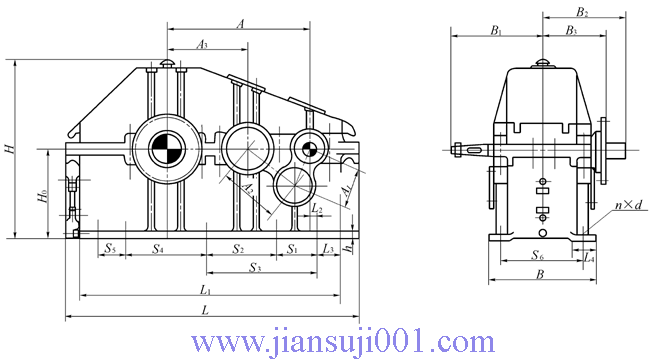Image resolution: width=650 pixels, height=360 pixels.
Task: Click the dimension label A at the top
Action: [240, 24]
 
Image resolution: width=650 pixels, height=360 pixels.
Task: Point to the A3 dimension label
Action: [201, 44]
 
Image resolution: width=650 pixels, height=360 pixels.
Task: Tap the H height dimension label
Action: [9, 148]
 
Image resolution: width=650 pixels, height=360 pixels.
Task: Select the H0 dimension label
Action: [42, 196]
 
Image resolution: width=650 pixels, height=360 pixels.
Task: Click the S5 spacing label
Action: [109, 248]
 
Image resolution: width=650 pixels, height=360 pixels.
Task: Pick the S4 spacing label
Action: [158, 248]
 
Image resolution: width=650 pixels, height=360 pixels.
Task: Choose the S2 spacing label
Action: [238, 249]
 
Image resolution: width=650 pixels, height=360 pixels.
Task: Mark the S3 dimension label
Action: [255, 268]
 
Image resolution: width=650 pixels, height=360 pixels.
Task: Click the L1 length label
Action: [206, 290]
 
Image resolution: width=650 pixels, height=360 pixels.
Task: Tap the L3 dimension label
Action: [328, 248]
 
